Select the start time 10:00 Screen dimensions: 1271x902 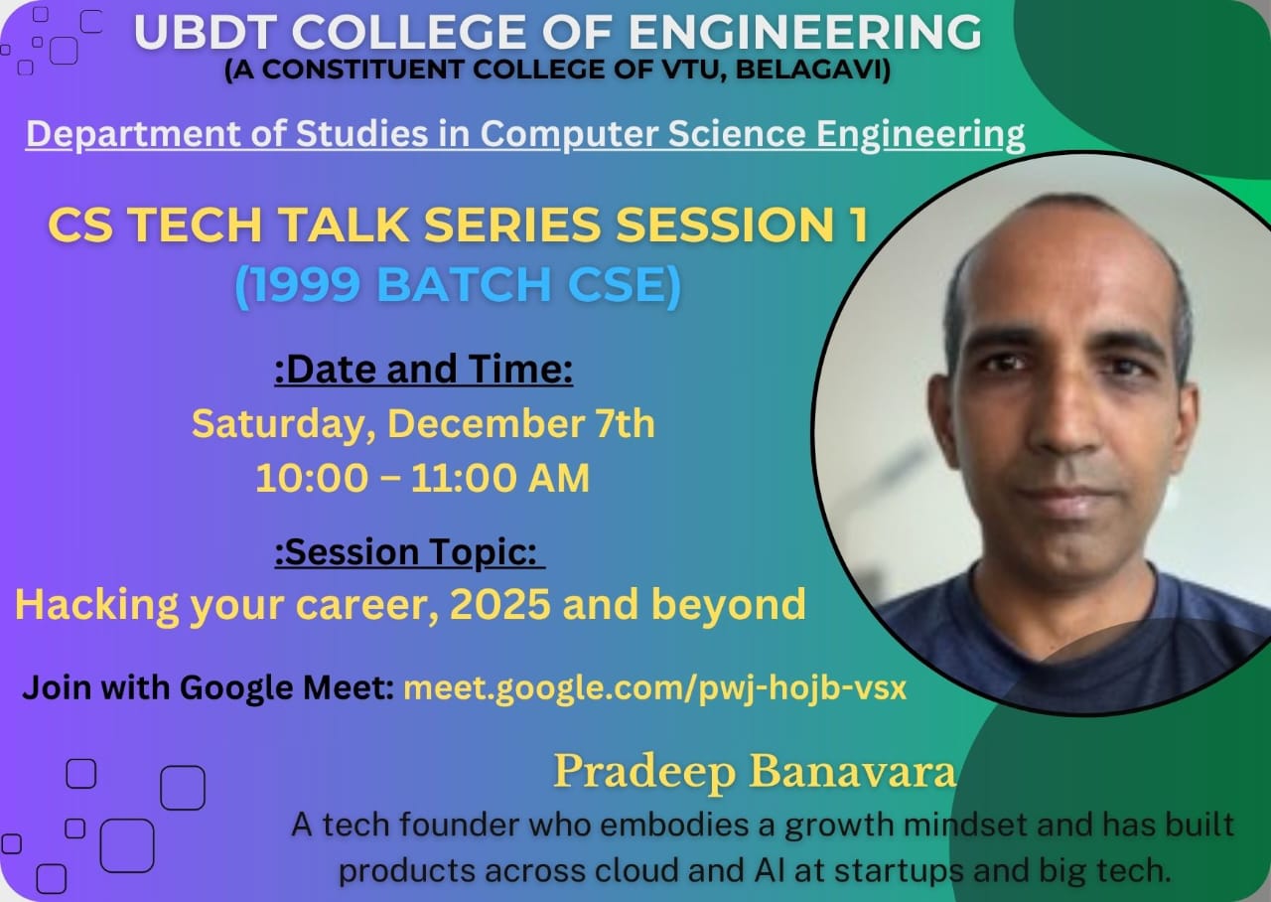click(312, 478)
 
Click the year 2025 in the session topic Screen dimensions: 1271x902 click(499, 604)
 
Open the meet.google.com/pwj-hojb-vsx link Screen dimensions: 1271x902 click(654, 688)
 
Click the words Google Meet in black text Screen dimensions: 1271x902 click(287, 689)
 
